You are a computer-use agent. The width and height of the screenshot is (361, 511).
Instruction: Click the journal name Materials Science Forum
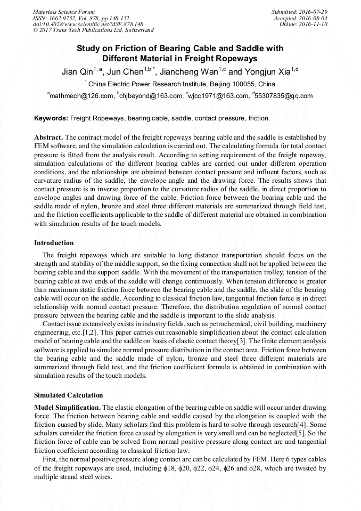64,11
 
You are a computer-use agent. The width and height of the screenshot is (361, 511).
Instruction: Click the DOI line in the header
88,24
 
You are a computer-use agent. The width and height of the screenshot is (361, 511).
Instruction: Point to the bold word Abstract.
49,137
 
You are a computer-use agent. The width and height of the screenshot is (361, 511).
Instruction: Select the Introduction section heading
54,242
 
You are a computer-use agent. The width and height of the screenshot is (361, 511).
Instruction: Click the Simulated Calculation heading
68,395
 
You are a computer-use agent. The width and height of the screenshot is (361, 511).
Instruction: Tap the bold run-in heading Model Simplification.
67,408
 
